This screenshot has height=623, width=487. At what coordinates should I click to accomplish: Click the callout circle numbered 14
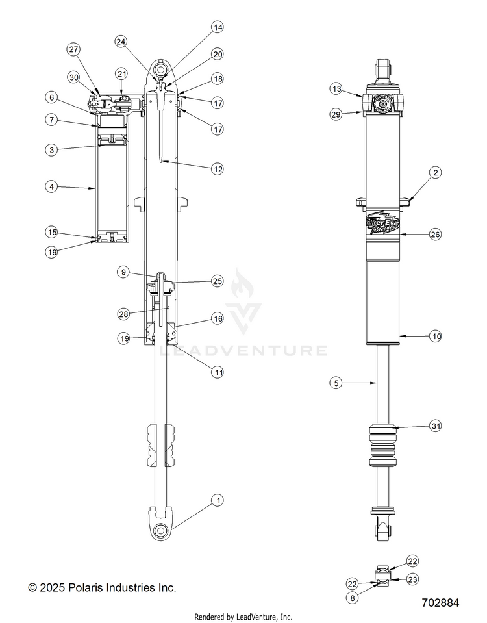(218, 27)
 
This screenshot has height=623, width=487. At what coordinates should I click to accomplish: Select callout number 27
(73, 50)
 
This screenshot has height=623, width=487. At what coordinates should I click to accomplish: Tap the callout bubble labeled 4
(51, 186)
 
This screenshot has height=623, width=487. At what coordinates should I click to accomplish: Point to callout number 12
(218, 169)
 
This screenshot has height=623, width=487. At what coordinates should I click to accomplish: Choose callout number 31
(435, 426)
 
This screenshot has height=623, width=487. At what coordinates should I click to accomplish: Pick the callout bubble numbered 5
(336, 384)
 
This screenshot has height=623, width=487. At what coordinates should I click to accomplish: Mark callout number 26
(435, 235)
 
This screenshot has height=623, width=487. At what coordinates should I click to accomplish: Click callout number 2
(435, 172)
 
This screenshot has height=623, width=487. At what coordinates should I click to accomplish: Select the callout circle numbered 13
(336, 88)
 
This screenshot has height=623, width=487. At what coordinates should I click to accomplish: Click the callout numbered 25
(218, 281)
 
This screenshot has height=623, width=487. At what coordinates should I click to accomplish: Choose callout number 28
(123, 314)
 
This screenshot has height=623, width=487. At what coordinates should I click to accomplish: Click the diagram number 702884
(439, 603)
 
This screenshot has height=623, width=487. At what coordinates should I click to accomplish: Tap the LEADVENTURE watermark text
(243, 351)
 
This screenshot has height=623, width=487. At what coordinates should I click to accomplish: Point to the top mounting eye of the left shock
(161, 68)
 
